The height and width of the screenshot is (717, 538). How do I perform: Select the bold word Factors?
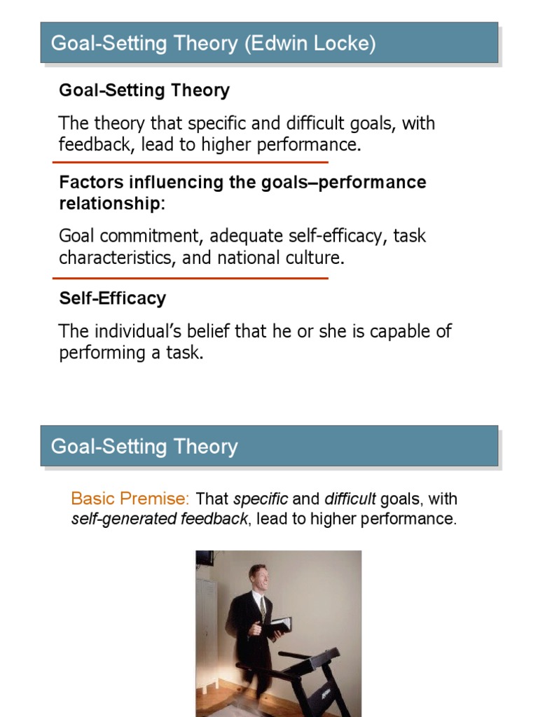87,182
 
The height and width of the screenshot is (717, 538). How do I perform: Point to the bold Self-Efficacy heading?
112,298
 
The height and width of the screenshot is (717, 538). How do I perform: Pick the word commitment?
150,236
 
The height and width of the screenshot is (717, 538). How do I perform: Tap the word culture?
315,258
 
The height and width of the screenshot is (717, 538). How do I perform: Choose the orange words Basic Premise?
130,499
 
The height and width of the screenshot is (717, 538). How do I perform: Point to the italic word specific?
261,499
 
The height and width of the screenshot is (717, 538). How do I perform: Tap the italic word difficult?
350,499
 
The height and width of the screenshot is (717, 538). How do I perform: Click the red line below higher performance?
191,162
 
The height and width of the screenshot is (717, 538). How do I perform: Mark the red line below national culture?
191,278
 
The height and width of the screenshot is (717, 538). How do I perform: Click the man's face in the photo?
258,578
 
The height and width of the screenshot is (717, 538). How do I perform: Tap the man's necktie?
262,606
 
